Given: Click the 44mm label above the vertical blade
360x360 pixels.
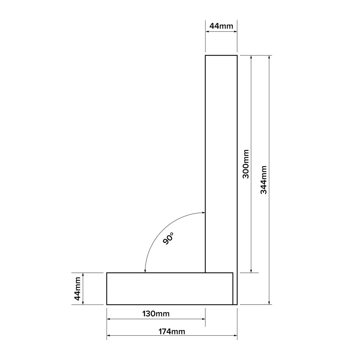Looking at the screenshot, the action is tap(221, 26).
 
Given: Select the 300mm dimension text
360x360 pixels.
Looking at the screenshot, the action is tap(246, 164).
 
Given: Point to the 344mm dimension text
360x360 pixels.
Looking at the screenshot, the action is tap(264, 180).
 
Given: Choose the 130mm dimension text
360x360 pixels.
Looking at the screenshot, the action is tap(156, 314).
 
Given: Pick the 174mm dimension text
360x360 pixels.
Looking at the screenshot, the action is tap(172, 332).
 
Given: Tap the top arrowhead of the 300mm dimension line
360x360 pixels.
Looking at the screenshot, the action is tap(251, 57).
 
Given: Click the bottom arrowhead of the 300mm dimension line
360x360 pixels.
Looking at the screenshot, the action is tap(251, 271).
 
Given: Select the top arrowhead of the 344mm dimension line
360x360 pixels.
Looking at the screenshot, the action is tap(269, 57).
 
